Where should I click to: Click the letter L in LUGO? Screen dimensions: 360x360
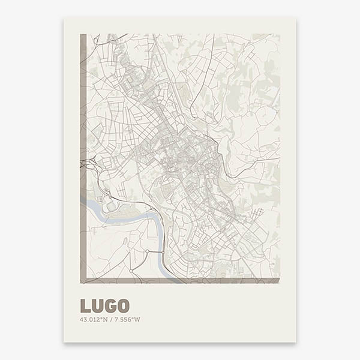[x=85, y=306]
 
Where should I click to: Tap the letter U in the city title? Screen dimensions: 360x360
[x=97, y=306]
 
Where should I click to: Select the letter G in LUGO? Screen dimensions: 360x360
[x=110, y=306]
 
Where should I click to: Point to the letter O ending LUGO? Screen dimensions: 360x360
[x=123, y=306]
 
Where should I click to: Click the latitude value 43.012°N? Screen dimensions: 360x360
[x=93, y=319]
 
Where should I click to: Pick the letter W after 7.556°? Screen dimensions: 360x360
[x=137, y=319]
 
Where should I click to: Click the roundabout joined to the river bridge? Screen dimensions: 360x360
[x=147, y=251]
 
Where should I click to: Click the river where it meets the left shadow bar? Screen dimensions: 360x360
[x=83, y=201]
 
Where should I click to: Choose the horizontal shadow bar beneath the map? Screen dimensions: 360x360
[x=180, y=280]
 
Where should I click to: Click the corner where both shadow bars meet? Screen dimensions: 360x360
[x=83, y=280]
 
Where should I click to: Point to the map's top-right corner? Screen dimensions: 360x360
[x=279, y=34]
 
